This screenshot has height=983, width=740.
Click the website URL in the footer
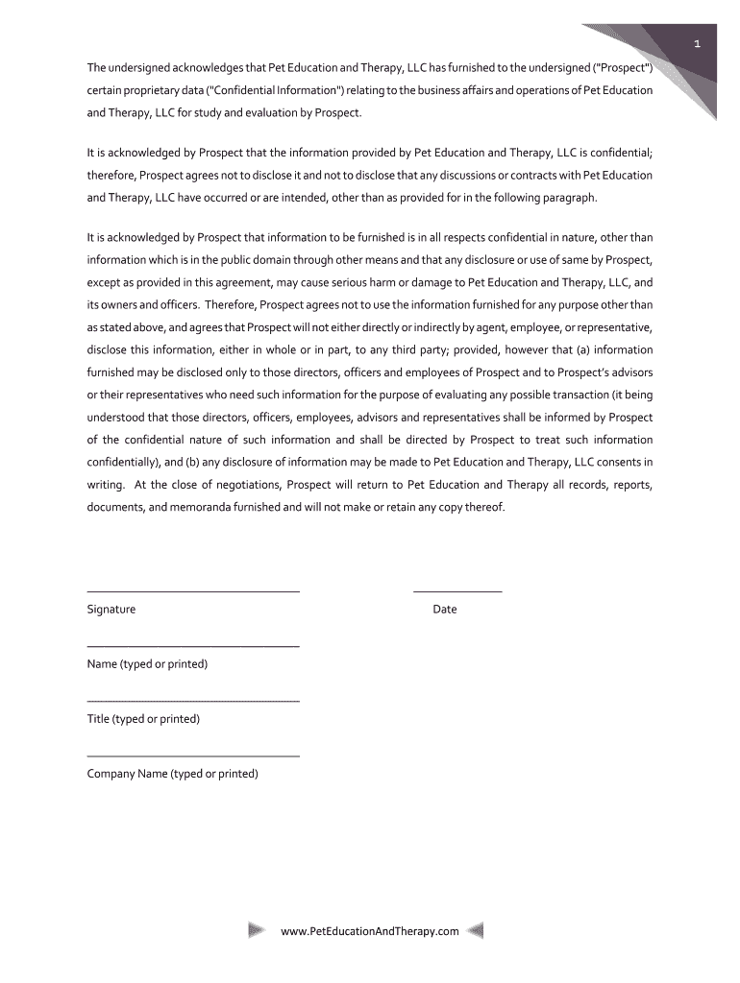click(370, 931)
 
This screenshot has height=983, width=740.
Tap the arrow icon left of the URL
click(257, 930)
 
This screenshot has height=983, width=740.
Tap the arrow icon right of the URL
click(474, 930)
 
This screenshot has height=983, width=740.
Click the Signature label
click(111, 610)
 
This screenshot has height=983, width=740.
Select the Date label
click(445, 610)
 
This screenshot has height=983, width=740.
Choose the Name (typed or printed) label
click(147, 664)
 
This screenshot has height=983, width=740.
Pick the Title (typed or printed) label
click(143, 719)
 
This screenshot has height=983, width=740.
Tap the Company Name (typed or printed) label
click(173, 774)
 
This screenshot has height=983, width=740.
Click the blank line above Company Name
click(193, 756)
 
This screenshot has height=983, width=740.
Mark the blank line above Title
click(193, 702)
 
